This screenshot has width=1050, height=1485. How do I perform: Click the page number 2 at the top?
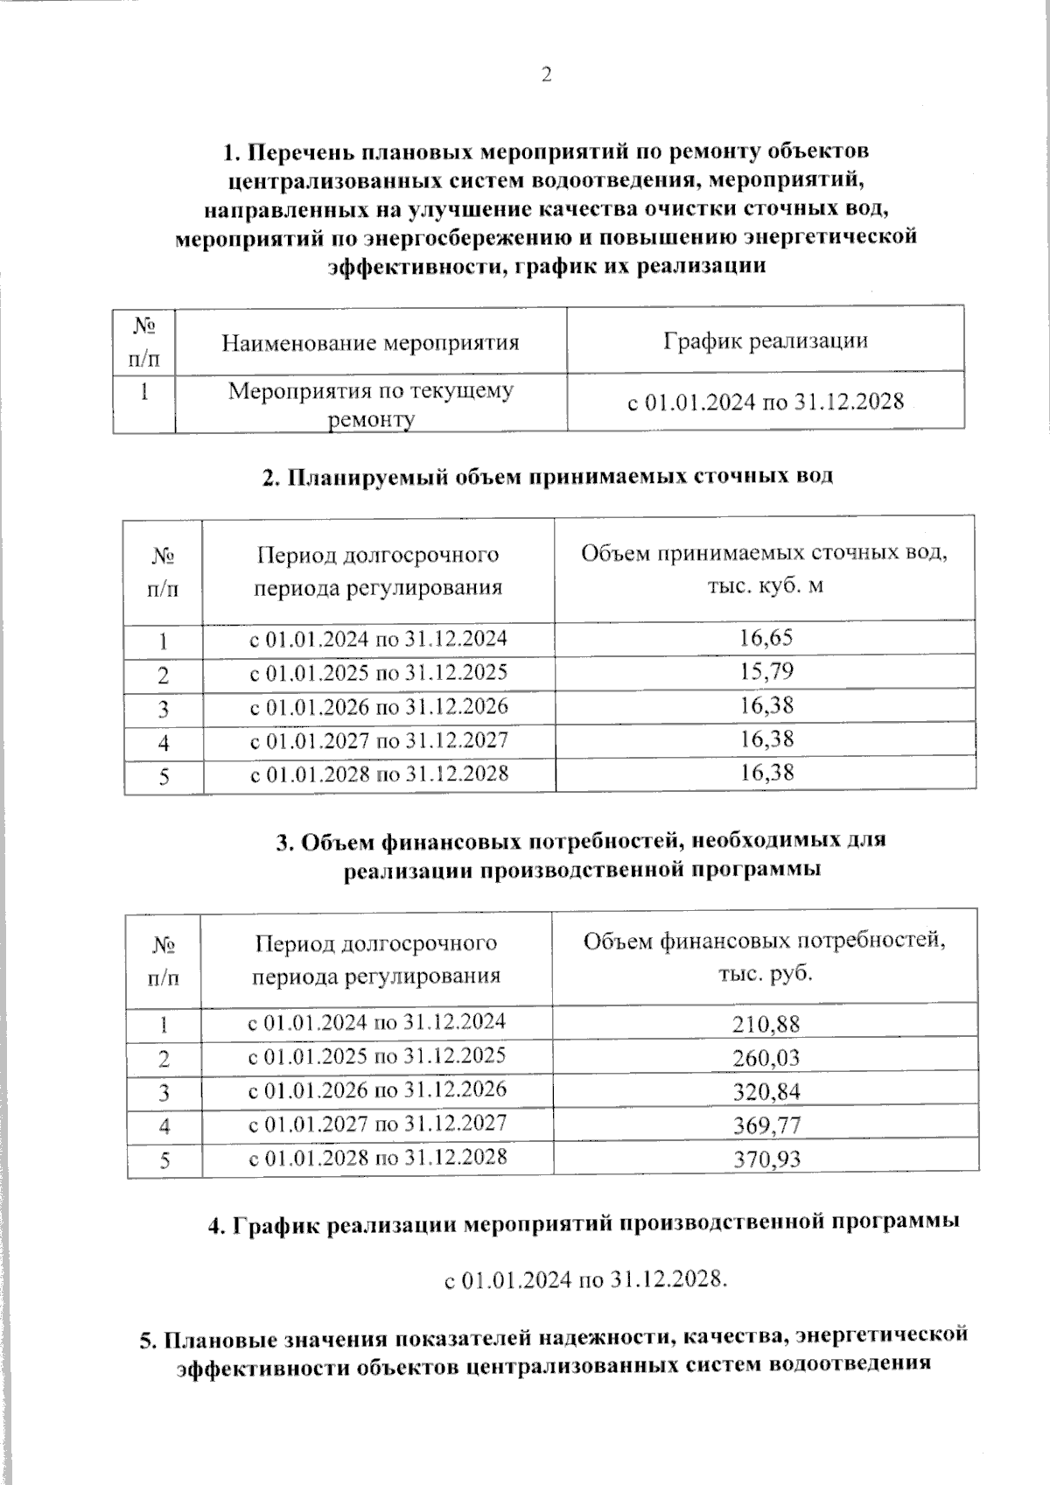click(546, 76)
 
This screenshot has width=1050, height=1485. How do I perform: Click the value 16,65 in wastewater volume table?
click(766, 638)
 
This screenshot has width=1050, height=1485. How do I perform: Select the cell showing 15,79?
click(766, 672)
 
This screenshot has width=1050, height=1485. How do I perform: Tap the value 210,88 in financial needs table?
click(766, 1024)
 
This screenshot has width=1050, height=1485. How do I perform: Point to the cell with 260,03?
click(766, 1058)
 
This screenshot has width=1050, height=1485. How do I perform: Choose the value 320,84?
click(766, 1092)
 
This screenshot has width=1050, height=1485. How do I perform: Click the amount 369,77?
click(766, 1125)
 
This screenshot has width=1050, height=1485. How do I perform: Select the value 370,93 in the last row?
click(766, 1160)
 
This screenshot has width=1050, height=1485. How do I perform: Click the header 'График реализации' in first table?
click(765, 340)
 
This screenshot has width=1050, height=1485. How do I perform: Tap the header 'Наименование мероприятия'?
click(370, 342)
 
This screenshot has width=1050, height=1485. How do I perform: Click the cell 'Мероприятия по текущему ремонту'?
click(370, 404)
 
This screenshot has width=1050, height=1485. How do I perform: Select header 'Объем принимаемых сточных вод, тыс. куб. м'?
click(765, 569)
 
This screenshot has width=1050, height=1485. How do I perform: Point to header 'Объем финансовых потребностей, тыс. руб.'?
click(765, 956)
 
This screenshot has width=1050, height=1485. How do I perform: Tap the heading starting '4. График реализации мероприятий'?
click(583, 1222)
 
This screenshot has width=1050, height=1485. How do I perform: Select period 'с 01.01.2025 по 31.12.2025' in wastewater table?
click(378, 673)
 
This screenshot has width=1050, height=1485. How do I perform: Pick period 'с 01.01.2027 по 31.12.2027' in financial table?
click(377, 1124)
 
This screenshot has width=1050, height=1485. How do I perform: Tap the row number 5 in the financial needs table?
click(164, 1161)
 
